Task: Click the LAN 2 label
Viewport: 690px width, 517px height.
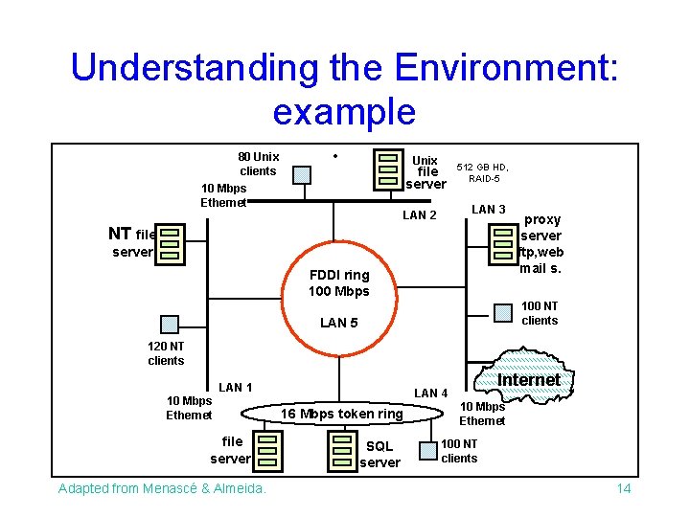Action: click(x=419, y=215)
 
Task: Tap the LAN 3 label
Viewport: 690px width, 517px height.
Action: click(x=489, y=210)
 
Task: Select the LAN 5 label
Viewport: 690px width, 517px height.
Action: click(x=338, y=323)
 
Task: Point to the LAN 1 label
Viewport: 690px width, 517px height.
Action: click(x=235, y=387)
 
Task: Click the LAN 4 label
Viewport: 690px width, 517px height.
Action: click(x=431, y=393)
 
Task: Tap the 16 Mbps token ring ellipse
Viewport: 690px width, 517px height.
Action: click(x=334, y=414)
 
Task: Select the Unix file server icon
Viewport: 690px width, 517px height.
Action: click(x=388, y=169)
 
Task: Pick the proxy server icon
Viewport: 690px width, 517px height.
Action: click(x=501, y=243)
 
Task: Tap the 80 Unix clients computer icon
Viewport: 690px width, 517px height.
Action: click(x=302, y=175)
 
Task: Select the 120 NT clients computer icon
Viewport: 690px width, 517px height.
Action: click(x=171, y=325)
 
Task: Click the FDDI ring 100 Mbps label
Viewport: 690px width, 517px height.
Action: click(x=338, y=282)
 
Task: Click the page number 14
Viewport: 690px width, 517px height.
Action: click(x=623, y=489)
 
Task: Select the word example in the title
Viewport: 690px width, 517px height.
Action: click(x=344, y=112)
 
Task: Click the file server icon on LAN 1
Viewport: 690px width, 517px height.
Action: click(x=267, y=451)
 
